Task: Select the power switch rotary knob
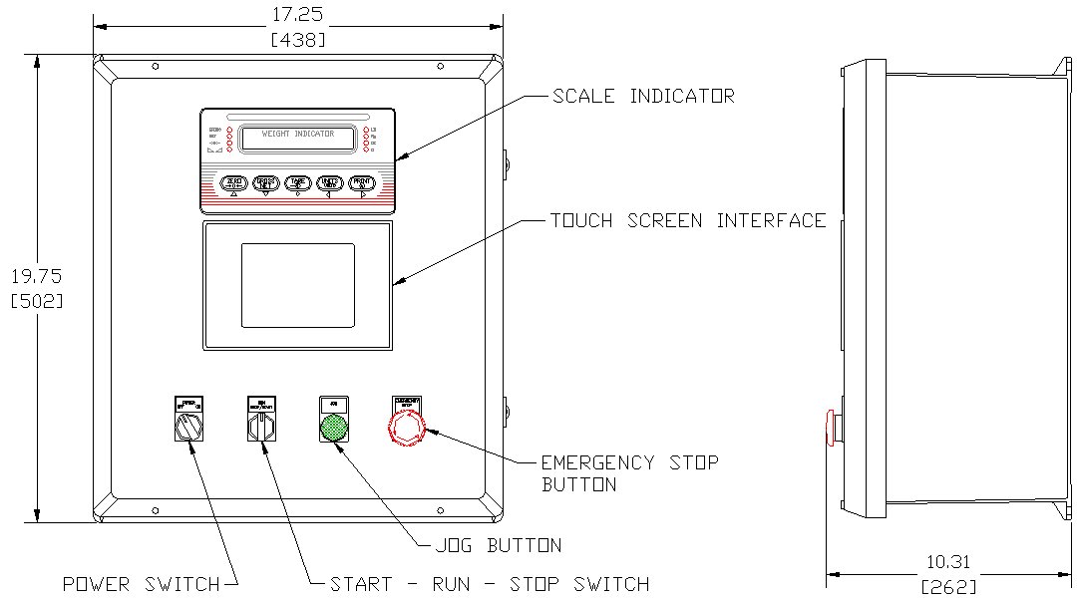click(186, 428)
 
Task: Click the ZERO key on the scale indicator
click(233, 182)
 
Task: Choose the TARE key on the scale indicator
click(298, 182)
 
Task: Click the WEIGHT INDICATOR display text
click(298, 134)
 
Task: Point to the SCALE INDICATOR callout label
click(643, 97)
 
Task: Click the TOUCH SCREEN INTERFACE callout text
click(688, 220)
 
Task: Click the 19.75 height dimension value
click(37, 276)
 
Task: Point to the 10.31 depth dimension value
click(948, 562)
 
